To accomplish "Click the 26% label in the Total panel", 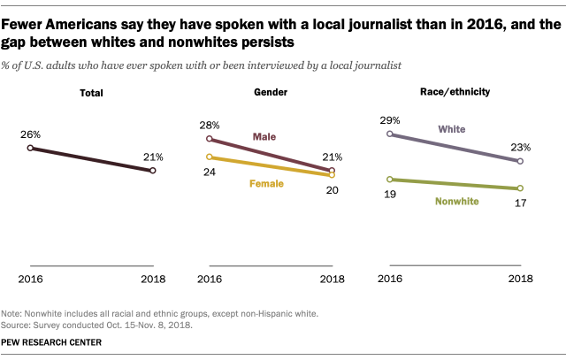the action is [x=30, y=134].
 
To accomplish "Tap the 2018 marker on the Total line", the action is [x=153, y=171].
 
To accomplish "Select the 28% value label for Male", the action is [x=210, y=126].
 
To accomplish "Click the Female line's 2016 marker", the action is [x=209, y=157].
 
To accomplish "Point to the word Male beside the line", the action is [x=264, y=137].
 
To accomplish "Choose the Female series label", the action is [x=266, y=184].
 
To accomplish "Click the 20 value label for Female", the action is [x=333, y=190].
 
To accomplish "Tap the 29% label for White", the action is [x=389, y=120].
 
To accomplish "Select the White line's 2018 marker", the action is [x=520, y=161].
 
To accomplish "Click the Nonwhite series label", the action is [x=457, y=201].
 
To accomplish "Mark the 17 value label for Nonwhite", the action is [x=520, y=203].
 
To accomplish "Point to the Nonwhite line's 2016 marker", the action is [x=389, y=180].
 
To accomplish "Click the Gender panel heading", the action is [x=271, y=92].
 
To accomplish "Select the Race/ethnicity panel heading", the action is [x=455, y=92].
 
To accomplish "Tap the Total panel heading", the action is [x=91, y=93].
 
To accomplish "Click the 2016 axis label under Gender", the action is [x=210, y=280].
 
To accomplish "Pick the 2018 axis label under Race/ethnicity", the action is [x=521, y=279].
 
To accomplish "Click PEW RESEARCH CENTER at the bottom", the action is [x=51, y=342].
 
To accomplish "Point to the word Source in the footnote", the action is [x=15, y=325].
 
